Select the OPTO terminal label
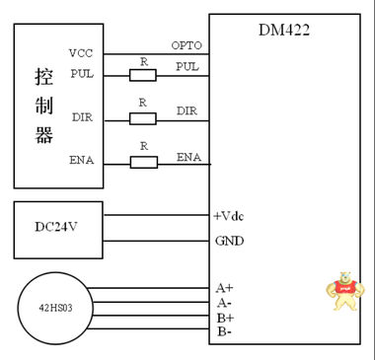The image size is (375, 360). (x=186, y=45)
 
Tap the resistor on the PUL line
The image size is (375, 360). (x=144, y=74)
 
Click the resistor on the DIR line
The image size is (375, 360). (x=144, y=118)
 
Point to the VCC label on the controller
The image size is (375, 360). (x=81, y=53)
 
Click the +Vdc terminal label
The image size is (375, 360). (x=229, y=215)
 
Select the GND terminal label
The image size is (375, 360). (x=228, y=241)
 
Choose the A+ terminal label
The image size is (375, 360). (x=225, y=288)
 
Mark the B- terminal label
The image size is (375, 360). (x=225, y=333)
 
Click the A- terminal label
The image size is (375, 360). (x=225, y=303)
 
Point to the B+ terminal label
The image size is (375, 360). (x=225, y=318)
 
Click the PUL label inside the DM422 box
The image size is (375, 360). (x=187, y=67)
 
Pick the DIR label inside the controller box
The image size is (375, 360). (x=82, y=117)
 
